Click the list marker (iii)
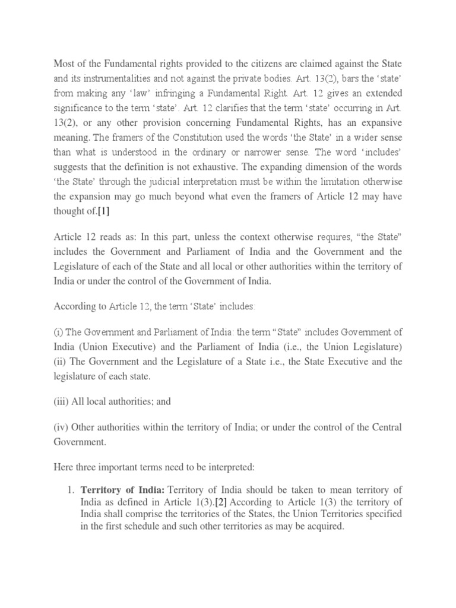61,401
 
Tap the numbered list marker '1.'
70,489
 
